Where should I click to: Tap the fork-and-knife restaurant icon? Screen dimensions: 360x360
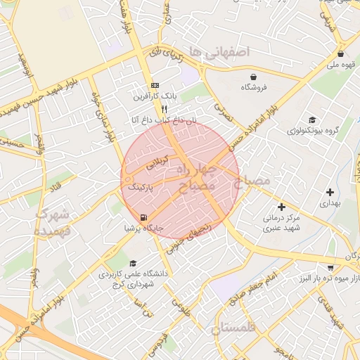point(164,109)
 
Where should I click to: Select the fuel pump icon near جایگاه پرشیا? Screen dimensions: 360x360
point(143,217)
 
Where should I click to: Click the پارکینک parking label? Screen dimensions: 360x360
point(143,188)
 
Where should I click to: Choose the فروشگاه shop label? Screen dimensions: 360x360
point(253,87)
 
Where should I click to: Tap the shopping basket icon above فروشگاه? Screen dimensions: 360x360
point(253,76)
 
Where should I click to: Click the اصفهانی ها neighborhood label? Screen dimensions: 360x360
point(224,53)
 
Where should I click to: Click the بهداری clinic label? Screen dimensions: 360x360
point(330,202)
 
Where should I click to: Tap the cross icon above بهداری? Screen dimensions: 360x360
point(330,191)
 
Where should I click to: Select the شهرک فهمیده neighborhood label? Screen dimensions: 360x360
point(53,221)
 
